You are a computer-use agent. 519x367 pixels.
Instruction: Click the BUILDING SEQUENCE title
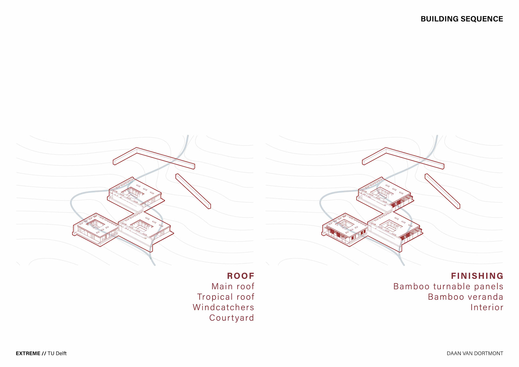pyautogui.click(x=461, y=19)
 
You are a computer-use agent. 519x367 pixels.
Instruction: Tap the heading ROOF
pyautogui.click(x=241, y=276)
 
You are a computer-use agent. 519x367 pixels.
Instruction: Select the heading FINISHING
pyautogui.click(x=477, y=276)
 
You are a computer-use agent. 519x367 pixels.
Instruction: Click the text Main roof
pyautogui.click(x=233, y=286)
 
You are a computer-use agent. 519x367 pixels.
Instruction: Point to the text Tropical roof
pyautogui.click(x=225, y=297)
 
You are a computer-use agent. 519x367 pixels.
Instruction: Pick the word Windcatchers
pyautogui.click(x=223, y=307)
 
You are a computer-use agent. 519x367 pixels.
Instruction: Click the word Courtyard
pyautogui.click(x=231, y=318)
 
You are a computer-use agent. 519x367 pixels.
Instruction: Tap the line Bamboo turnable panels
pyautogui.click(x=448, y=286)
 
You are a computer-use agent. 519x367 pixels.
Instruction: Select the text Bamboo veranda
pyautogui.click(x=465, y=297)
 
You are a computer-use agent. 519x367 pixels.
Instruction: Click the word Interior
pyautogui.click(x=487, y=307)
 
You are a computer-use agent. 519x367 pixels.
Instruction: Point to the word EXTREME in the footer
pyautogui.click(x=28, y=353)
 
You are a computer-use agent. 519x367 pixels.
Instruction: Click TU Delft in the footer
pyautogui.click(x=57, y=353)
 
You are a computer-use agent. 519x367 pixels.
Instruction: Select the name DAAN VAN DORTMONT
pyautogui.click(x=475, y=353)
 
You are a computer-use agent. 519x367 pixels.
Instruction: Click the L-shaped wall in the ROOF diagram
pyautogui.click(x=162, y=158)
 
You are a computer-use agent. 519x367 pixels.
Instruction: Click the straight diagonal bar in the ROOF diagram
pyautogui.click(x=193, y=191)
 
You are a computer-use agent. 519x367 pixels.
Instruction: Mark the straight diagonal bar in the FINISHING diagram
pyautogui.click(x=442, y=191)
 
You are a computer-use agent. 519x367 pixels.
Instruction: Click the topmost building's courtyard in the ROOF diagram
pyautogui.click(x=132, y=193)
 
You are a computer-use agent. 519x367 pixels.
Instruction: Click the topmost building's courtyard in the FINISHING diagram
pyautogui.click(x=381, y=193)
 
